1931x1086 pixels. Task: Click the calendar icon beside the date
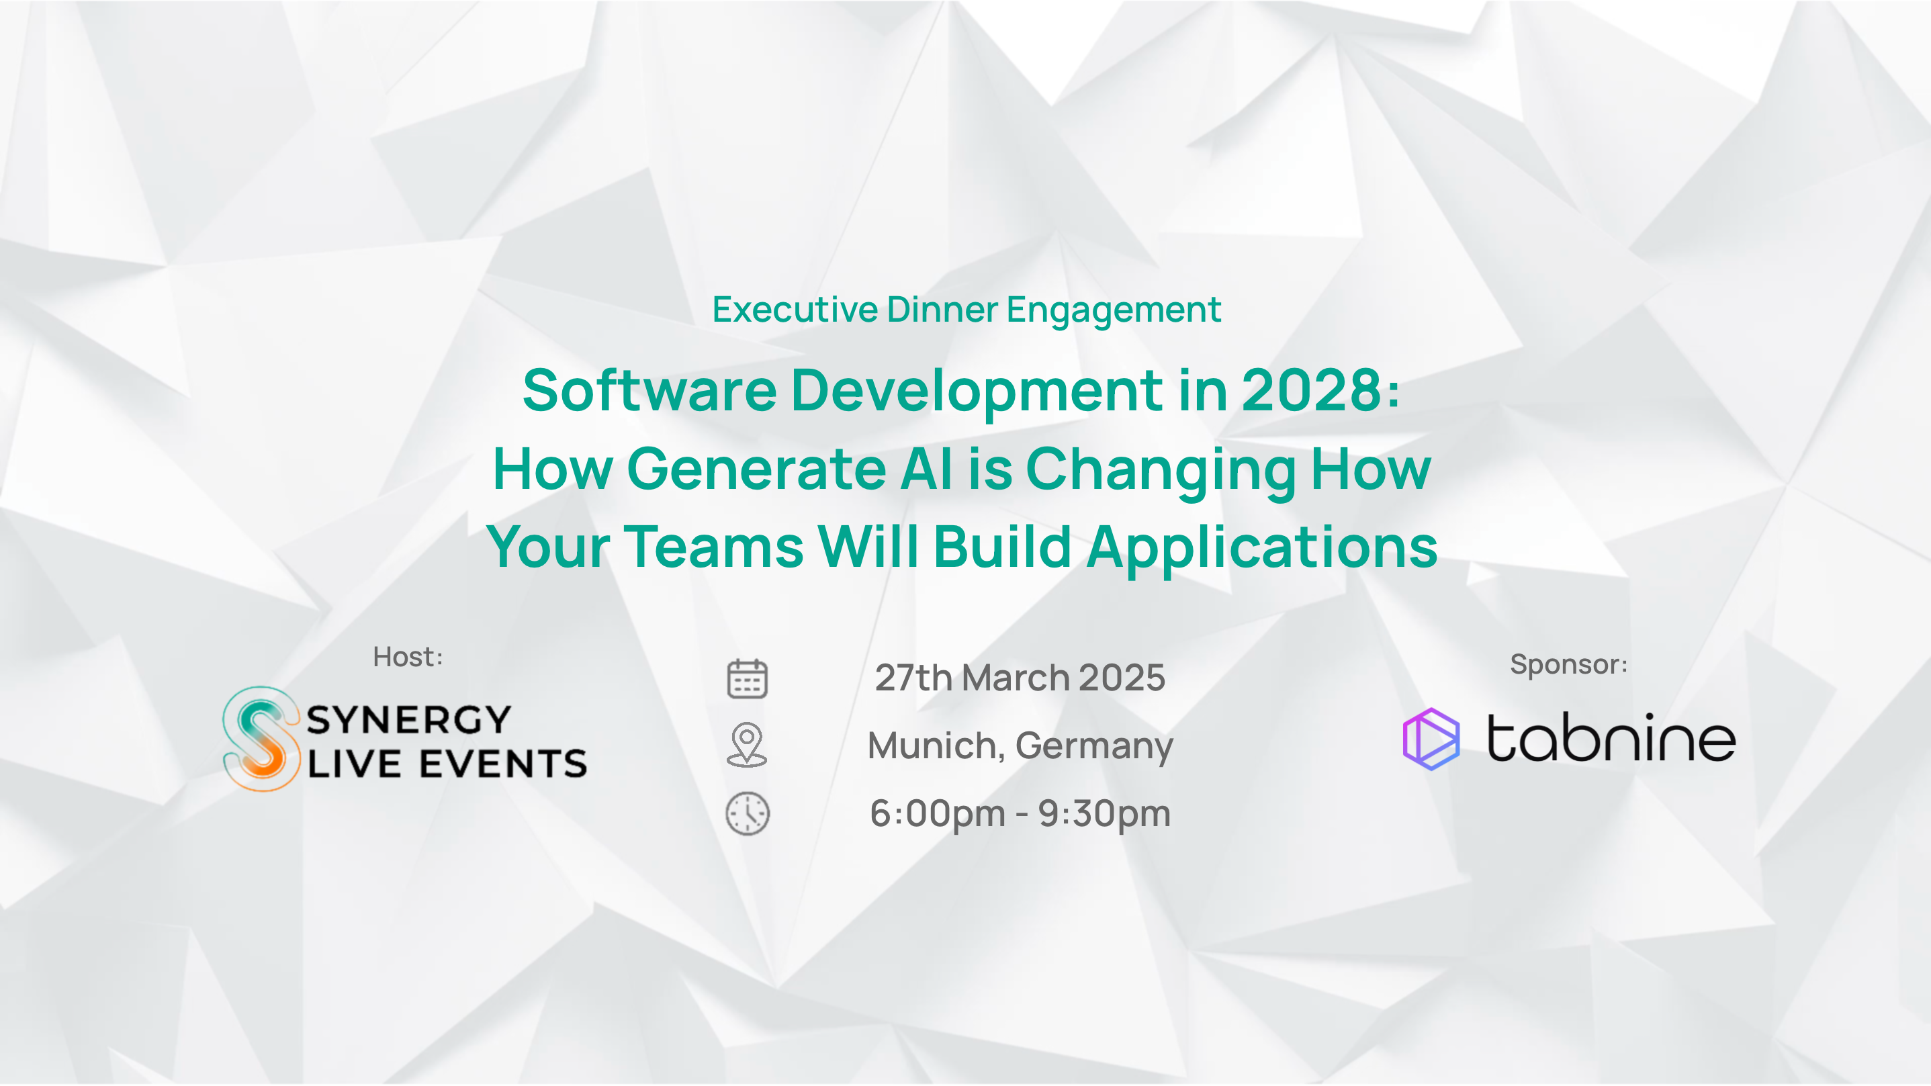(x=748, y=678)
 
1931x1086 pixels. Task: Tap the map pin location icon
(x=747, y=745)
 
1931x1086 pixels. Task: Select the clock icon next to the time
(x=748, y=813)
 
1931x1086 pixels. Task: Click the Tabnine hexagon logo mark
(x=1431, y=739)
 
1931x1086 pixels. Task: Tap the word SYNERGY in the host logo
(x=408, y=719)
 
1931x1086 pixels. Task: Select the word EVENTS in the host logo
(x=503, y=764)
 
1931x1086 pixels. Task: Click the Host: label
(x=408, y=657)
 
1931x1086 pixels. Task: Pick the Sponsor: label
(x=1568, y=664)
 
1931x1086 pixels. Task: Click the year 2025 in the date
(x=1122, y=678)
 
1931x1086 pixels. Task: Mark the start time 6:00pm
(x=938, y=814)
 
